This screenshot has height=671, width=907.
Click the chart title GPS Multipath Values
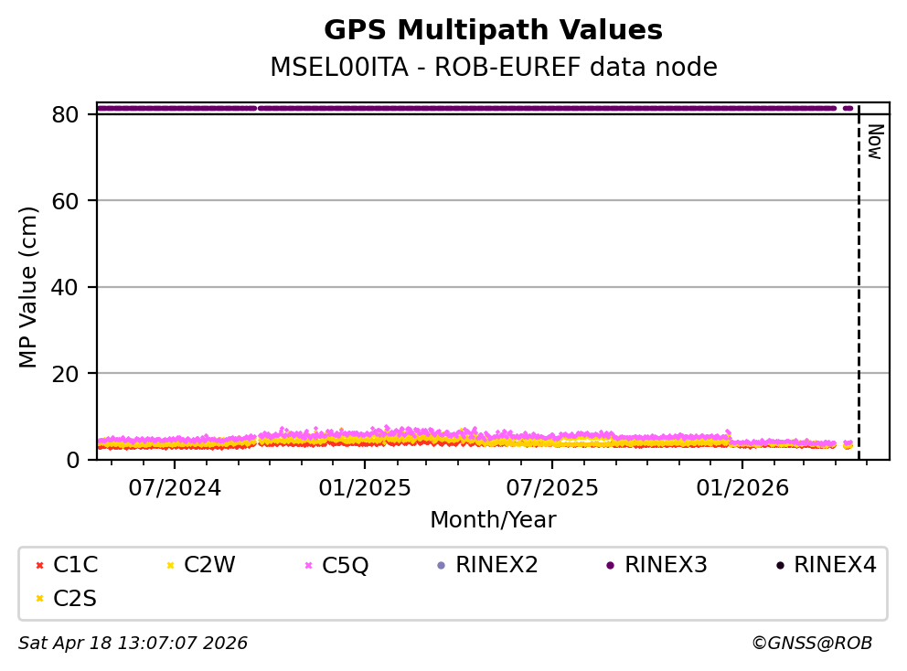pyautogui.click(x=493, y=30)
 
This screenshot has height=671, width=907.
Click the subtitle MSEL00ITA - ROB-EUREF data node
pyautogui.click(x=493, y=68)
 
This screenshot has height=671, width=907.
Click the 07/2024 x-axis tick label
pyautogui.click(x=176, y=487)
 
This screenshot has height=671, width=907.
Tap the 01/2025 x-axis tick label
pyautogui.click(x=364, y=487)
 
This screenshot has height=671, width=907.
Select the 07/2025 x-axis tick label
pyautogui.click(x=551, y=487)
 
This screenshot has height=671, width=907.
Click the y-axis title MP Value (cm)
pyautogui.click(x=29, y=287)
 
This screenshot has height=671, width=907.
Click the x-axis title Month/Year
pyautogui.click(x=493, y=520)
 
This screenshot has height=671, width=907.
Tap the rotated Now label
pyautogui.click(x=874, y=142)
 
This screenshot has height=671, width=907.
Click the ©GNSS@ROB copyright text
pyautogui.click(x=811, y=644)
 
